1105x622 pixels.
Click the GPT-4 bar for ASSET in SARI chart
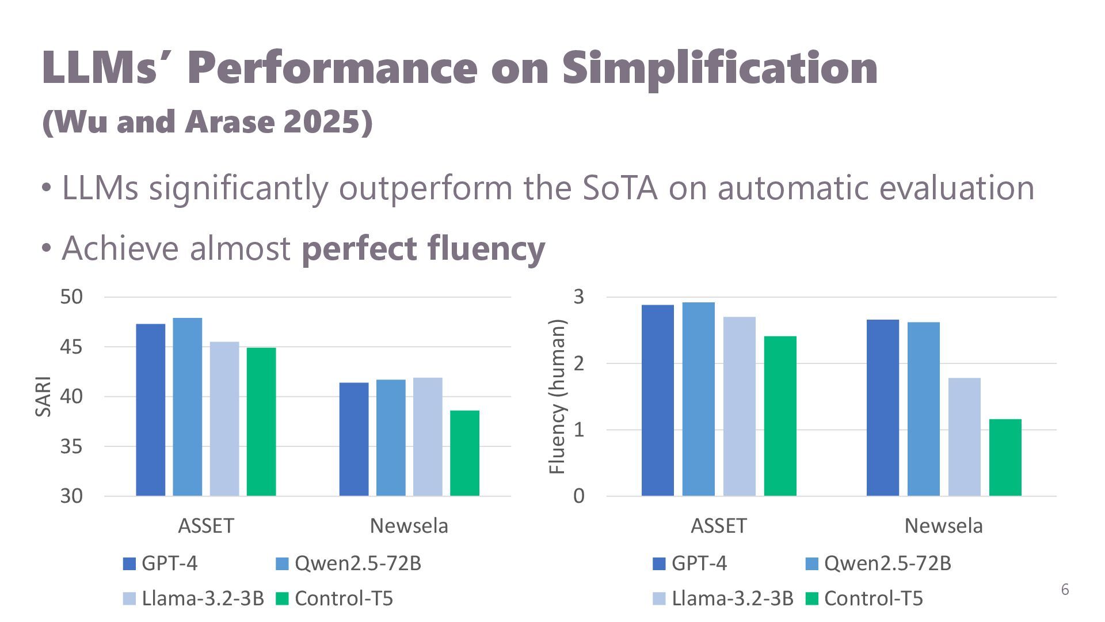click(150, 409)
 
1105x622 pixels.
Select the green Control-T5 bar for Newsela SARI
click(464, 453)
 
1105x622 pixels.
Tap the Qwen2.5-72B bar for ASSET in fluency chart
click(698, 399)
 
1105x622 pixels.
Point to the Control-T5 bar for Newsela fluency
click(1005, 457)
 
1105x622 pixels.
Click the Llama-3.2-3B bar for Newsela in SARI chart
click(428, 437)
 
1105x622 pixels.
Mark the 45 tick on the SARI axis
click(71, 347)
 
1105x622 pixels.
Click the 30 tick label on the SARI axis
click(71, 496)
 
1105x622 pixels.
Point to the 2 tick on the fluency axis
click(578, 363)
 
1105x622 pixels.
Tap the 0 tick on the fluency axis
click(578, 496)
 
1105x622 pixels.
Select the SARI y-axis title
click(44, 396)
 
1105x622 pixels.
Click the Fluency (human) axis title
click(557, 396)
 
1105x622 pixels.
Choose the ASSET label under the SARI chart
click(206, 526)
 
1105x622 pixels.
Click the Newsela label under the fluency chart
click(943, 526)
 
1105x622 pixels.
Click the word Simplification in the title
click(719, 68)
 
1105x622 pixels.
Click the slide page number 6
click(1065, 590)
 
